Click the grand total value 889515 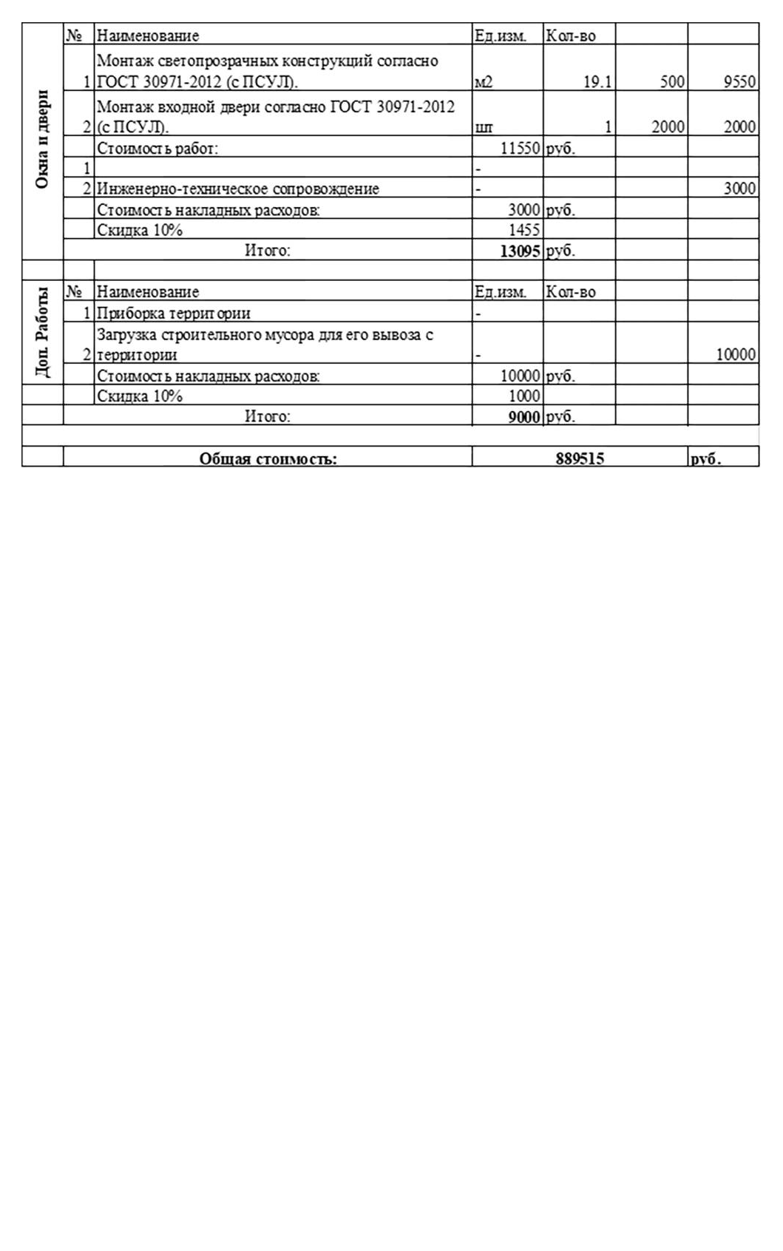coord(580,458)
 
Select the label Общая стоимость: coord(268,459)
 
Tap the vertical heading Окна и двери coord(42,139)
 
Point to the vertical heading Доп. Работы coord(42,332)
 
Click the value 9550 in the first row coord(739,81)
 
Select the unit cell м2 coord(483,82)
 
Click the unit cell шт coord(483,127)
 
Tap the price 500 coord(672,81)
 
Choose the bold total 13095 coord(520,251)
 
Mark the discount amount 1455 coord(523,230)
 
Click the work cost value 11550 coord(520,148)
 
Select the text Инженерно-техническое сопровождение coord(238,189)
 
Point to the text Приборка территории coord(174,313)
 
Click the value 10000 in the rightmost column coord(736,355)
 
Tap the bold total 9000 coord(523,417)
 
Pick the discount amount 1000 coord(523,396)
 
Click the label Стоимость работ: coord(157,148)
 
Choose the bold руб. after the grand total coord(705,459)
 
